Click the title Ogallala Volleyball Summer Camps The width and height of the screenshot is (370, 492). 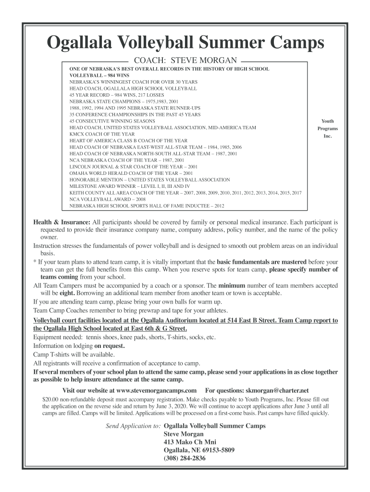[x=185, y=44]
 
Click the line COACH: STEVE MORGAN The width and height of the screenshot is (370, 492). [x=185, y=61]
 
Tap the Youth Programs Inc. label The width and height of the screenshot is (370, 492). [x=327, y=128]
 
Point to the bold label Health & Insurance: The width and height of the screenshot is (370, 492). [x=62, y=222]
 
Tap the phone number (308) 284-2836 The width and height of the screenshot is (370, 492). [x=185, y=458]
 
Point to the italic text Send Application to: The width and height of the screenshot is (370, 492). [x=133, y=426]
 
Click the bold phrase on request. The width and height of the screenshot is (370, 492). [x=110, y=346]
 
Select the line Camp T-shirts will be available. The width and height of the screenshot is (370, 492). [x=74, y=354]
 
